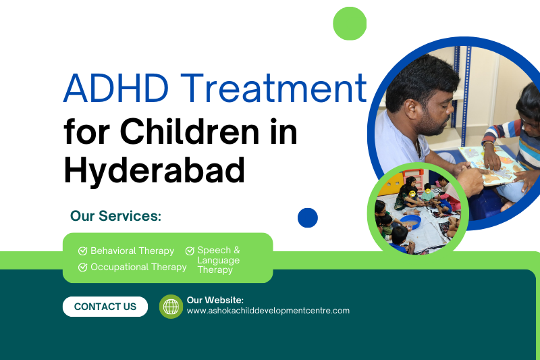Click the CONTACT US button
(x=105, y=307)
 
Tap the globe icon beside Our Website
(x=171, y=307)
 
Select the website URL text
(x=268, y=311)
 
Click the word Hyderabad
(x=155, y=170)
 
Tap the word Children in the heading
(x=189, y=132)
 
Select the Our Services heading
(x=115, y=216)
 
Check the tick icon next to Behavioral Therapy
(x=82, y=251)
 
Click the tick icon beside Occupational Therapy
(x=82, y=267)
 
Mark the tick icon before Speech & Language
(x=190, y=251)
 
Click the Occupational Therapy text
(x=138, y=267)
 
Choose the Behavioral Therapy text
(x=132, y=251)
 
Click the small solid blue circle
(x=308, y=217)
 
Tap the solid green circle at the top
(x=350, y=24)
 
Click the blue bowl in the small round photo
(x=410, y=222)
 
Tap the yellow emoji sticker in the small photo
(x=412, y=194)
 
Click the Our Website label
(x=215, y=300)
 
